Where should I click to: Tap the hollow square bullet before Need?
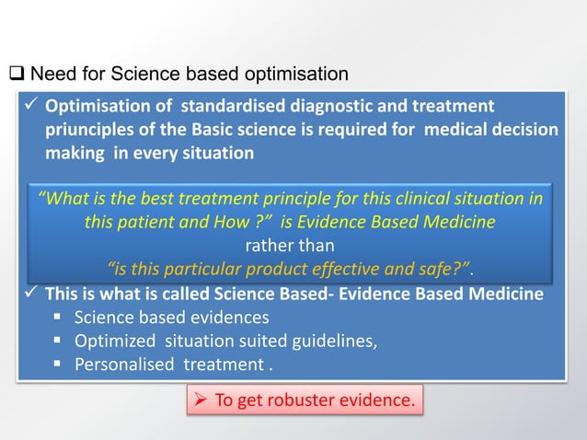(x=15, y=73)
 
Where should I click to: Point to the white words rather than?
(x=289, y=246)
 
